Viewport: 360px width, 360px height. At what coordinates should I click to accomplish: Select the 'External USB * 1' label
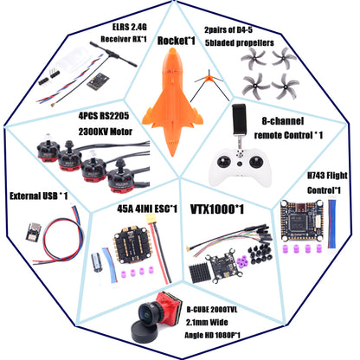(x=36, y=196)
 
